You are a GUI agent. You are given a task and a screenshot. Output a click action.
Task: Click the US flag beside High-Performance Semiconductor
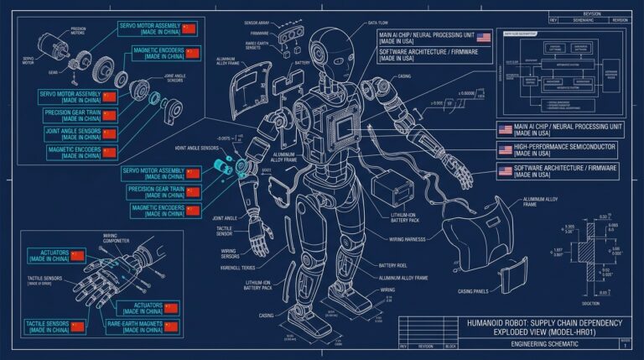(506, 149)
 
